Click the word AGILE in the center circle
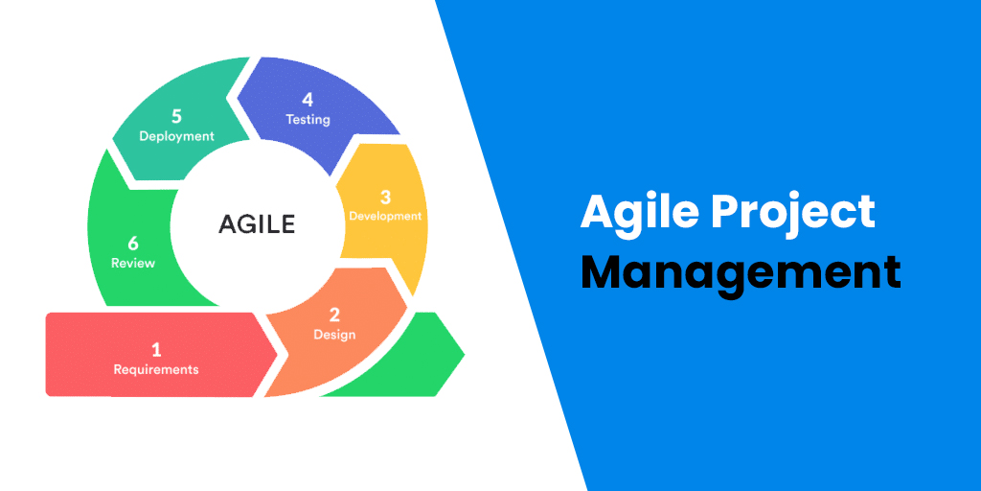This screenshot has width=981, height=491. tap(257, 224)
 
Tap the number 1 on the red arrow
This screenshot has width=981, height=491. tap(156, 350)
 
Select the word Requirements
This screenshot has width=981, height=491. tap(156, 369)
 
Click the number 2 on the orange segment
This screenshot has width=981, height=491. tap(334, 316)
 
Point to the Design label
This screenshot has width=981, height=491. tap(334, 335)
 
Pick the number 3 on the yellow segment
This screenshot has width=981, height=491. tap(385, 197)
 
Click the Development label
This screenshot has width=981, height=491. tap(385, 216)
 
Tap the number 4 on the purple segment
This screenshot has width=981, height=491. tap(308, 100)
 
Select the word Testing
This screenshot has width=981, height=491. tap(308, 120)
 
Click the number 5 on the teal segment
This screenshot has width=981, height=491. tap(176, 116)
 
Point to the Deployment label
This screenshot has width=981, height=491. tap(176, 136)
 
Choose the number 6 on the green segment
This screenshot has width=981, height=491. tap(133, 244)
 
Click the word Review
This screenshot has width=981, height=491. tap(133, 263)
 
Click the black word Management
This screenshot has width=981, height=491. tap(741, 271)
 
